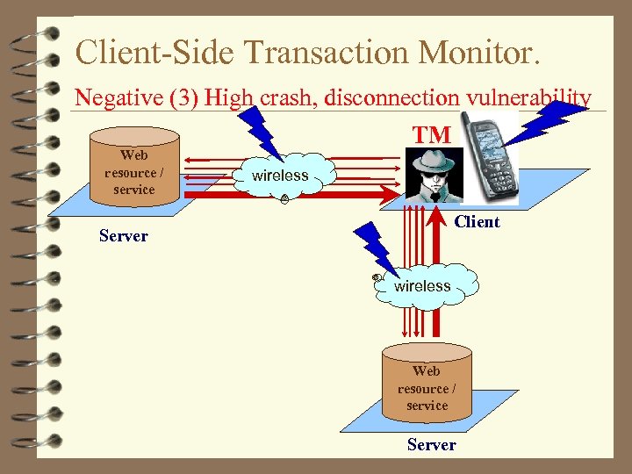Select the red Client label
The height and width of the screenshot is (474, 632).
(477, 221)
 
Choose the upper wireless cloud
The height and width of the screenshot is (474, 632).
(281, 176)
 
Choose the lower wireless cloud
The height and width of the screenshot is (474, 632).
(423, 285)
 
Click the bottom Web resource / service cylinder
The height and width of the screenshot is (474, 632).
(427, 383)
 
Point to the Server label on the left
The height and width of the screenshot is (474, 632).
(124, 235)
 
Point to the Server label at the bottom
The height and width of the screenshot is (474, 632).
(431, 445)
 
